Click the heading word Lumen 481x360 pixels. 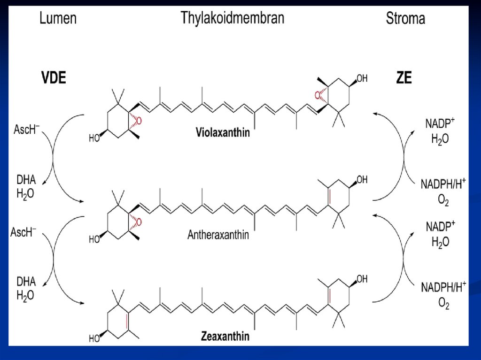[x=58, y=19]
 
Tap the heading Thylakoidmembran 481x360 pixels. [x=233, y=19]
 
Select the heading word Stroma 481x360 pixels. [x=405, y=19]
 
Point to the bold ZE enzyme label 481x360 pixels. [x=403, y=77]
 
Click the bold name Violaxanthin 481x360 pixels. [x=223, y=133]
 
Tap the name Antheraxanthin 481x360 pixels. [x=218, y=234]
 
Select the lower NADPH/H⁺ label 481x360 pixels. [x=443, y=286]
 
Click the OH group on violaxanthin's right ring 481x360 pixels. [x=362, y=78]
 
